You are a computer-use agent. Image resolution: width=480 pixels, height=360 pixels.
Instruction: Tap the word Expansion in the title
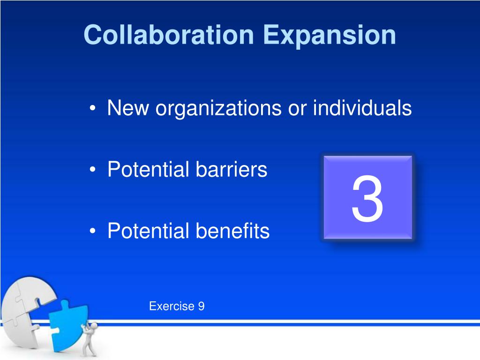[329, 35]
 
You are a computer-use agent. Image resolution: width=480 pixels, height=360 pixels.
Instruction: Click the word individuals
[362, 109]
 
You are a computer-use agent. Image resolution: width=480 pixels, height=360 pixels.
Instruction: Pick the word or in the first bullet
[296, 109]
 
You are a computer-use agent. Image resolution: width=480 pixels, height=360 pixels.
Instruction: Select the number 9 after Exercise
[201, 307]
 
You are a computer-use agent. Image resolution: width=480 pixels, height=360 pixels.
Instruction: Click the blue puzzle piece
[68, 323]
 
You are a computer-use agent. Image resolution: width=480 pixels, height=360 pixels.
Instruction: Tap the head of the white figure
[94, 325]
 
